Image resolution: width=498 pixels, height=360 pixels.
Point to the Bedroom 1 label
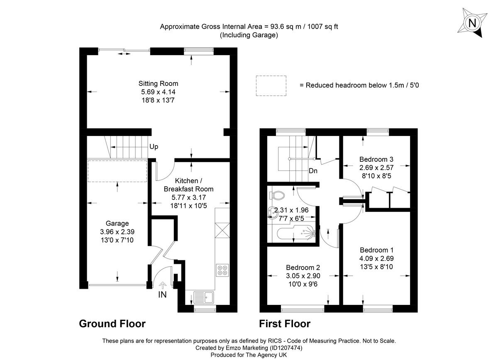[x=376, y=250]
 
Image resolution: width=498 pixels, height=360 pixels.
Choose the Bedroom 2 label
[x=303, y=268]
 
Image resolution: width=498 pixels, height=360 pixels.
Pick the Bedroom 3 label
[x=376, y=159]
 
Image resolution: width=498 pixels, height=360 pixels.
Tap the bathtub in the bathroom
[x=296, y=234]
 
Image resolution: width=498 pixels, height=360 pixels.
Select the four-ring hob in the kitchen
[x=222, y=270]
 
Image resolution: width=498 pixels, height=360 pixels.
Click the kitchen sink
[x=204, y=297]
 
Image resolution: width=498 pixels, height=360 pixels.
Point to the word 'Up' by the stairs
[x=154, y=147]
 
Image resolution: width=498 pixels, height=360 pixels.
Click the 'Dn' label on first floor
[x=313, y=170]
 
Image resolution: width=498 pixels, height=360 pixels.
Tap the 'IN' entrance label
[x=163, y=295]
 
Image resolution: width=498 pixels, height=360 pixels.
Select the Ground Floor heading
[x=112, y=324]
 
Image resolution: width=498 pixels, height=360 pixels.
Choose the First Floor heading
[x=285, y=324]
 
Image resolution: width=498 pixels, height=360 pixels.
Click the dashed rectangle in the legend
[x=271, y=85]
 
